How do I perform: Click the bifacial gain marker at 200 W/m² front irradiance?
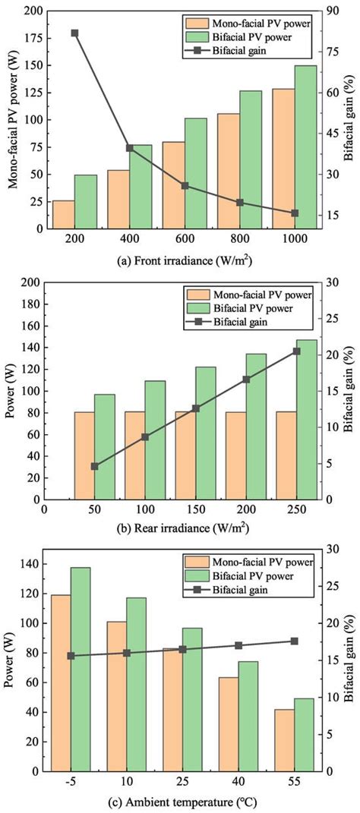pos(74,33)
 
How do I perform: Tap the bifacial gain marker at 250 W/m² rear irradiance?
pos(296,351)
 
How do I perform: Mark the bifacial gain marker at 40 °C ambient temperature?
pos(238,645)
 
